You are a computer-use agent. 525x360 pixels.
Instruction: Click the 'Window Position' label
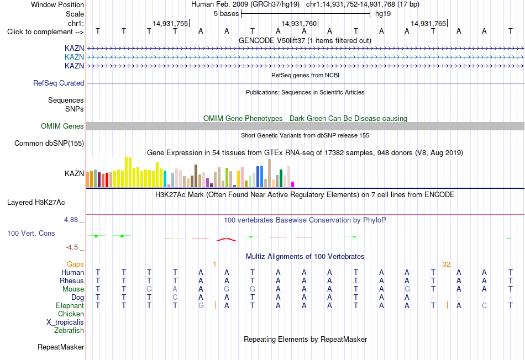pyautogui.click(x=57, y=4)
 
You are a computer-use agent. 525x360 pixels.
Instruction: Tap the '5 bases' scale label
pyautogui.click(x=227, y=14)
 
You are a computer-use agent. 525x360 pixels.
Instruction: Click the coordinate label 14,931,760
pyautogui.click(x=298, y=23)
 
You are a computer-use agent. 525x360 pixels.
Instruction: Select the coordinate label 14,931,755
pyautogui.click(x=170, y=23)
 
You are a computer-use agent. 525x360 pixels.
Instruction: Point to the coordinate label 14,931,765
pyautogui.click(x=428, y=23)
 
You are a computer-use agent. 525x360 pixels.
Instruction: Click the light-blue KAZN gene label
pyautogui.click(x=75, y=57)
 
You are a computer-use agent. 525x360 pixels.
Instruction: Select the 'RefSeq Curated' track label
pyautogui.click(x=59, y=83)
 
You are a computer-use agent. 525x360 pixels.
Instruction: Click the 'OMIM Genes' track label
pyautogui.click(x=62, y=126)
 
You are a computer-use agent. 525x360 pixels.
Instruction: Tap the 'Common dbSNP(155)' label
pyautogui.click(x=49, y=143)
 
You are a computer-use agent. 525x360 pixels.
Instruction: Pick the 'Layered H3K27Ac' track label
pyautogui.click(x=36, y=203)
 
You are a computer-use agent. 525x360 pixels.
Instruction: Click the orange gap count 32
pyautogui.click(x=447, y=264)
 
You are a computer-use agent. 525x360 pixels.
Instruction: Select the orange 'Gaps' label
pyautogui.click(x=75, y=264)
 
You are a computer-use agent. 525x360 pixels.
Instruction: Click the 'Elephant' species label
pyautogui.click(x=70, y=306)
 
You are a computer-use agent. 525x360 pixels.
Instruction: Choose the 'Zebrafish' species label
pyautogui.click(x=69, y=331)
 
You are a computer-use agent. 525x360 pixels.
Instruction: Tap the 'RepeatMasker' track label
pyautogui.click(x=61, y=347)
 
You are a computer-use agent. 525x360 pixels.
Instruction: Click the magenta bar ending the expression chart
pyautogui.click(x=293, y=184)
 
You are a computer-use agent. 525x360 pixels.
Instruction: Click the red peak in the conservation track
pyautogui.click(x=227, y=239)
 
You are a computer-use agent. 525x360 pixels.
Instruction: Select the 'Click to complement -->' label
pyautogui.click(x=45, y=32)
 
